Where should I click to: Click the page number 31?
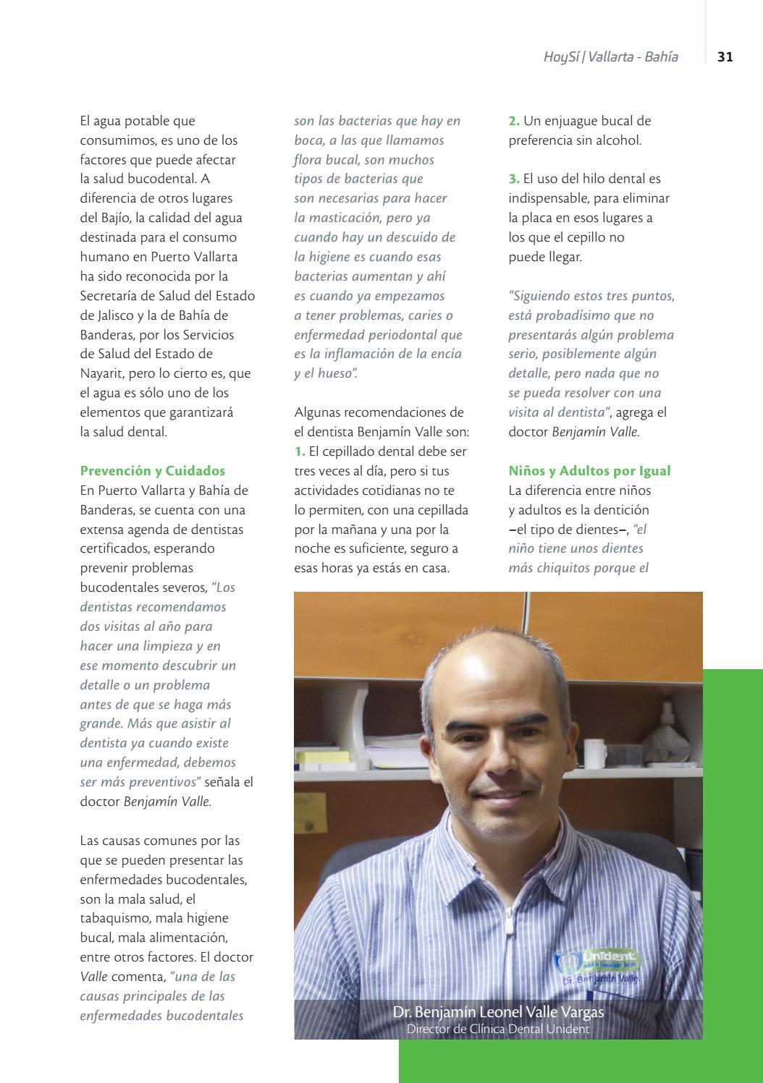[725, 56]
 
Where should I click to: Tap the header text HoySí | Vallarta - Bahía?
[610, 56]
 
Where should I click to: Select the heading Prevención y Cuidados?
[152, 471]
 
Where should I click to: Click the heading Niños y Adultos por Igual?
[589, 471]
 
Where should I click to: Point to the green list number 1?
[300, 451]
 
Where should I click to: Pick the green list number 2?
[514, 121]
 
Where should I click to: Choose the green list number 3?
[514, 179]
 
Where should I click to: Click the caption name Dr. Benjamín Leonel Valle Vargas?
[498, 1011]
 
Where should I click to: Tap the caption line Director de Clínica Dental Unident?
[498, 1029]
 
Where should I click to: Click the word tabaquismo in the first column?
[117, 918]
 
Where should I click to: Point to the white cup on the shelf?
[595, 752]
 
